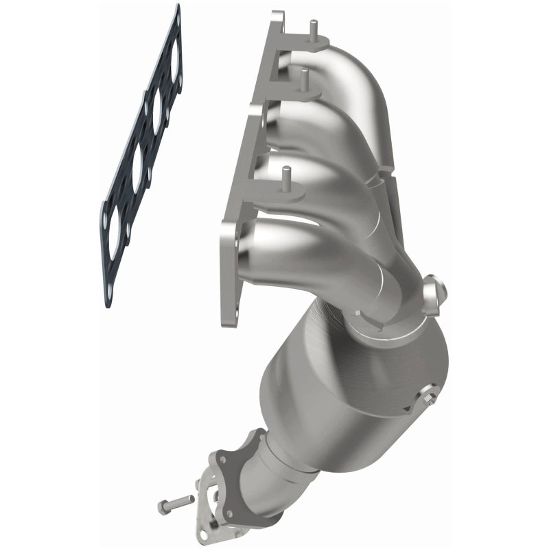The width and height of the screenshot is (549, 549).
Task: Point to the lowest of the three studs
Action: click(x=286, y=176)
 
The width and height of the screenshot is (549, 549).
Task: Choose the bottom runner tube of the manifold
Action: click(x=302, y=254)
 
